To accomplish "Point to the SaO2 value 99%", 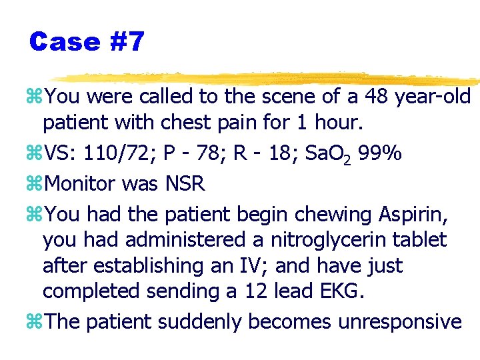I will point(379,154).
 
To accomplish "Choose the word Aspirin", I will point(414,214).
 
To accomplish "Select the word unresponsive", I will point(400,322).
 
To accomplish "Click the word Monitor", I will point(81,183).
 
